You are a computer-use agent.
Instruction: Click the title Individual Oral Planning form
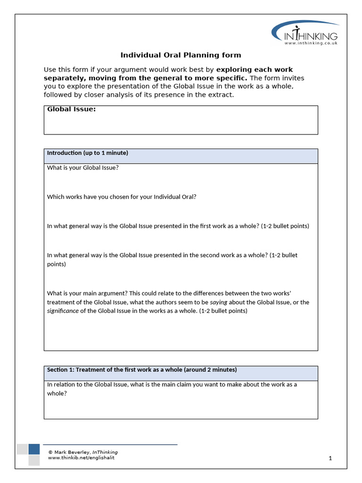181,55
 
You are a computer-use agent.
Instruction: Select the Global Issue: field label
71,109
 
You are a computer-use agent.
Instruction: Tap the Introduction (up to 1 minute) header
88,153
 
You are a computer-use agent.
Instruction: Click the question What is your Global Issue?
83,167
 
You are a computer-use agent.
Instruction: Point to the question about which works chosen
122,197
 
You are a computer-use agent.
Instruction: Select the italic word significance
62,311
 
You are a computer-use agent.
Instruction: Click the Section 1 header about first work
142,369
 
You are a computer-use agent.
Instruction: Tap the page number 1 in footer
330,458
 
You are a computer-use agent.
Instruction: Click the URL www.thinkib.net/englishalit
81,458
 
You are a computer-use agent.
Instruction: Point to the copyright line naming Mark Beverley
83,452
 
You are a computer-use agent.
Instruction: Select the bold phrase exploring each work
255,70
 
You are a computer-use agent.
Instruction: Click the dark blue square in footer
34,449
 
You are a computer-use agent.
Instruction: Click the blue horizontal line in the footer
110,444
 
